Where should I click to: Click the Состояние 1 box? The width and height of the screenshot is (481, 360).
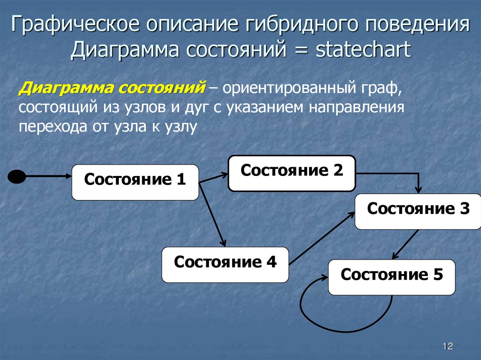[x=135, y=182]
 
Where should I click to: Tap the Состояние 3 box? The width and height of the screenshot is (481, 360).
[x=418, y=211]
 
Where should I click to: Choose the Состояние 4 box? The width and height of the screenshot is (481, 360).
[x=225, y=265]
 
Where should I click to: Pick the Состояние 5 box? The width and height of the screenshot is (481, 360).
[x=391, y=277]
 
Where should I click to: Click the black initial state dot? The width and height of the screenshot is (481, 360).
[x=17, y=176]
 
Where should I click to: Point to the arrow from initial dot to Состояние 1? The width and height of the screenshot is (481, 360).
[x=47, y=176]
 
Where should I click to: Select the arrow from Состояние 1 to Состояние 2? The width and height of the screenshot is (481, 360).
[x=214, y=178]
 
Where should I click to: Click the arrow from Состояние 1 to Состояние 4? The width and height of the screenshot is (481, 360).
[x=212, y=214]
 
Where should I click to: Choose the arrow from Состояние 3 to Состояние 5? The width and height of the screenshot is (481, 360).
[x=405, y=244]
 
